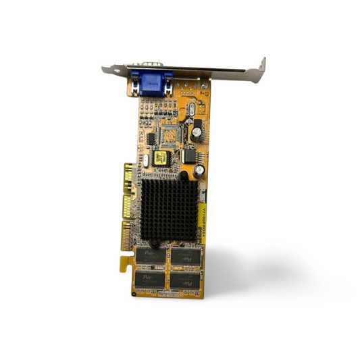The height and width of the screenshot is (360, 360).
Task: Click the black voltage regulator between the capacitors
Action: point(190,155)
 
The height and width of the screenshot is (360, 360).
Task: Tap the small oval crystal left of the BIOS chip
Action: point(145,162)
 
